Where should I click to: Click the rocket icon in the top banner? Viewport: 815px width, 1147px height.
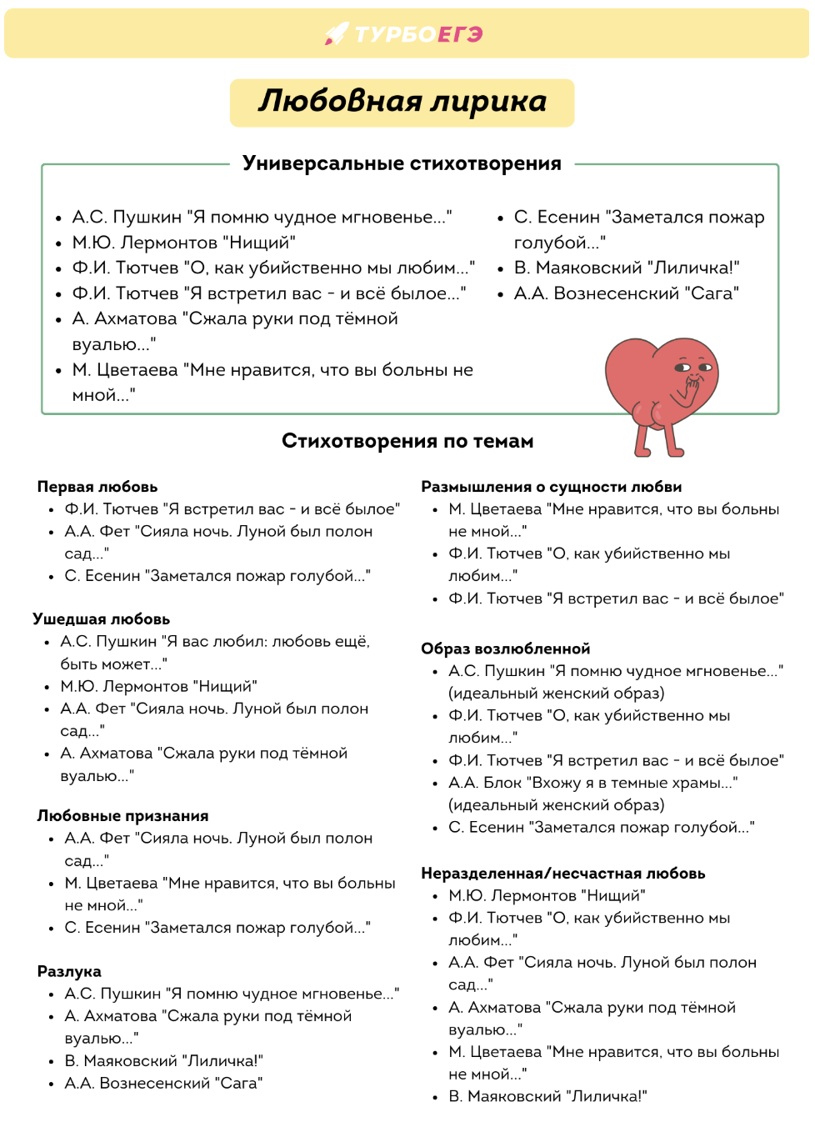pos(336,33)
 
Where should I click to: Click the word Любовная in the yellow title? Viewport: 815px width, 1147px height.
pos(340,102)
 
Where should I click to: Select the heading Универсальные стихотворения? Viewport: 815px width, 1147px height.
pos(402,163)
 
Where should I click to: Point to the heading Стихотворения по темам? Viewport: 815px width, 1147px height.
pos(407,441)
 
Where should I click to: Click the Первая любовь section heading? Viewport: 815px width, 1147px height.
pos(97,487)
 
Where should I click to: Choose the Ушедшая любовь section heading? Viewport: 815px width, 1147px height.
pos(102,619)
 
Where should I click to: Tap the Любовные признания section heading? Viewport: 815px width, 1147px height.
pos(122,816)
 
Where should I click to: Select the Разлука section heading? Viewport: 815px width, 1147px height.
pos(69,971)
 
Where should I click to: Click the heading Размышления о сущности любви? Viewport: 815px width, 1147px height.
pos(552,487)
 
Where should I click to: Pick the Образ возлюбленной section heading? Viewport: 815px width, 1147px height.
pos(506,649)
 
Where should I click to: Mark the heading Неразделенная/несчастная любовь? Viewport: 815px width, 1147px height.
pos(563,874)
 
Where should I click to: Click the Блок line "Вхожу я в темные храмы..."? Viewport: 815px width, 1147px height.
pos(592,783)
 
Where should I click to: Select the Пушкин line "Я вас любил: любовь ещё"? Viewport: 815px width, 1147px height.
pos(215,642)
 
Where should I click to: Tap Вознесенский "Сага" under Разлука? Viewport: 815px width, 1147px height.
pos(163,1084)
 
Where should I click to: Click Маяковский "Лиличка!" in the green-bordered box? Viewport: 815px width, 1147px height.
pos(627,268)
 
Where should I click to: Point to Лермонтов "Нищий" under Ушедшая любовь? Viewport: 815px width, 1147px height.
pos(158,687)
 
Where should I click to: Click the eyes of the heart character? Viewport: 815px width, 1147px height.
pos(693,367)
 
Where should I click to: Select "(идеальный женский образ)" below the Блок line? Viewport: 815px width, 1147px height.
pos(557,805)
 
